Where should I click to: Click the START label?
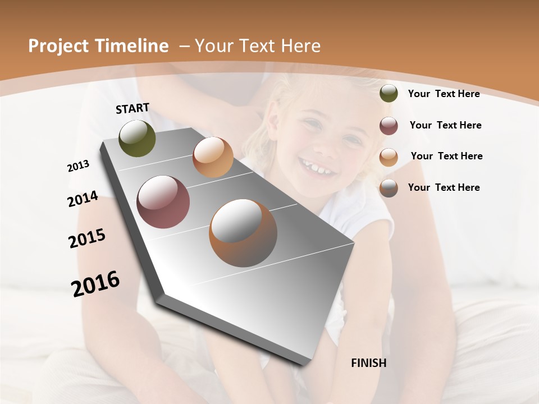[x=133, y=108]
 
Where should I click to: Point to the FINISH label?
[x=368, y=363]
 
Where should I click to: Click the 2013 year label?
[x=79, y=166]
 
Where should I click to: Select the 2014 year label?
[x=83, y=199]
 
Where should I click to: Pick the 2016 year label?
[x=95, y=284]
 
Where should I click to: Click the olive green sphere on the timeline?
[x=137, y=138]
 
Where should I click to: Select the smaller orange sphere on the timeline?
[x=213, y=157]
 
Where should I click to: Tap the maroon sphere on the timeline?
[x=163, y=202]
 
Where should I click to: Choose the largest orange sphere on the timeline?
[x=243, y=233]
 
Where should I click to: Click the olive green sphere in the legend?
[x=389, y=94]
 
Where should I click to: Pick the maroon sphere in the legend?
[x=389, y=126]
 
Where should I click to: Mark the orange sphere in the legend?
[x=389, y=157]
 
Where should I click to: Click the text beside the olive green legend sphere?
[x=444, y=94]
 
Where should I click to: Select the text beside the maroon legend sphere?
[x=445, y=126]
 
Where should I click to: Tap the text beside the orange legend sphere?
[x=446, y=157]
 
